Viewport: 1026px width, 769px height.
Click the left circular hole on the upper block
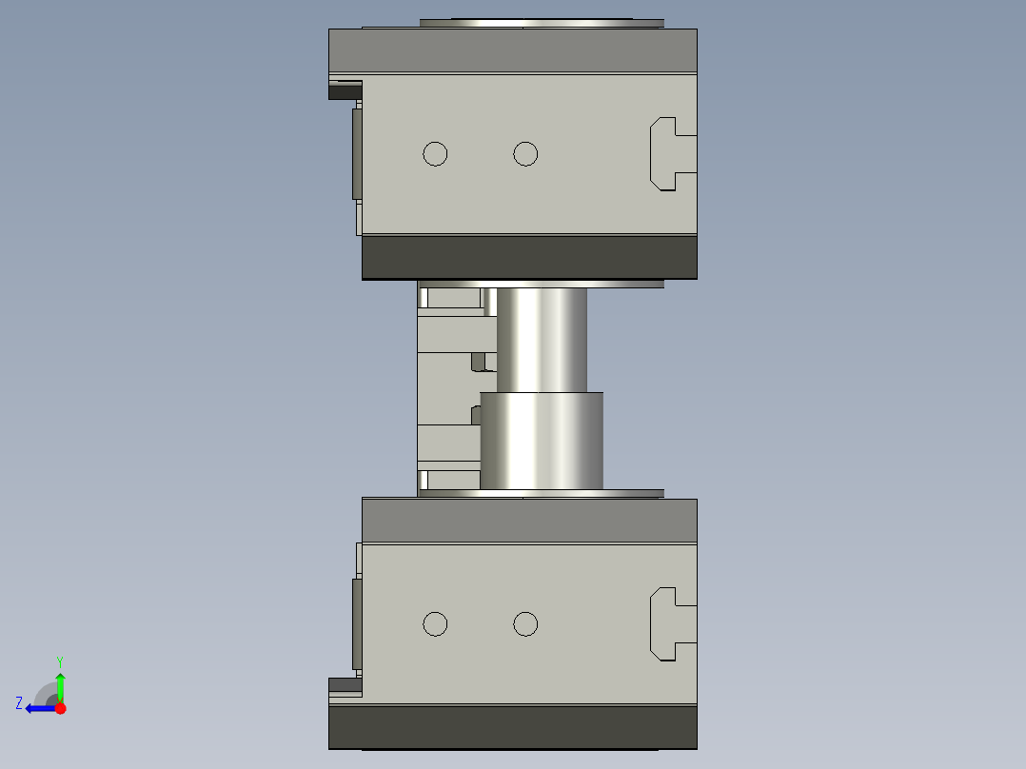(x=435, y=153)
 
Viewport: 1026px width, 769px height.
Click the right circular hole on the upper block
(x=525, y=153)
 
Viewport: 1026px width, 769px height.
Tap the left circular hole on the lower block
(x=435, y=623)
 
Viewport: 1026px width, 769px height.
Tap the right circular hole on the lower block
(x=525, y=623)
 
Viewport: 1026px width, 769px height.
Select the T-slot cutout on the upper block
(x=670, y=153)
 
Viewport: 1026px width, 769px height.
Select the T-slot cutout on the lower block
(x=670, y=623)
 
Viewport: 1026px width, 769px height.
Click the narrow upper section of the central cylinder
(x=542, y=338)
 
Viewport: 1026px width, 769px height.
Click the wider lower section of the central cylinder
(x=542, y=441)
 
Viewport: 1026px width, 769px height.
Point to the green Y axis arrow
(x=60, y=684)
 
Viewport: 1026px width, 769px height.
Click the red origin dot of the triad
(x=60, y=708)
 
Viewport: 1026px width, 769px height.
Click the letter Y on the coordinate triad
(x=60, y=661)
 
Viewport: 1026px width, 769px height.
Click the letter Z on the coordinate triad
(x=19, y=703)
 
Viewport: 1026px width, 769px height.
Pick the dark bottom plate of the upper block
(x=529, y=257)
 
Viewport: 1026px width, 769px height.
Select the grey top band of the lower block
(x=529, y=521)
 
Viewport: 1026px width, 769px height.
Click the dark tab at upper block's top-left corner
(x=345, y=91)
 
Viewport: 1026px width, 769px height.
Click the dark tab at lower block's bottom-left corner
(x=345, y=683)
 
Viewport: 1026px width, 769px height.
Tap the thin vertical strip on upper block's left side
(x=357, y=153)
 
